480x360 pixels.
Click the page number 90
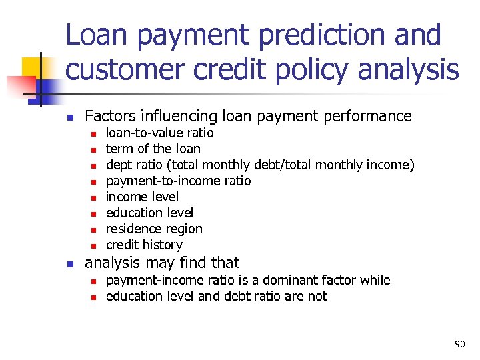pyautogui.click(x=459, y=344)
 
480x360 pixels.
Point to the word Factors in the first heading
pyautogui.click(x=111, y=117)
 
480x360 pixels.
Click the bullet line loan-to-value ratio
pyautogui.click(x=159, y=133)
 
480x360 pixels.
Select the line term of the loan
pyautogui.click(x=153, y=149)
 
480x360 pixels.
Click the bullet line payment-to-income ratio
pyautogui.click(x=178, y=181)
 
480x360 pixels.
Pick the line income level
pyautogui.click(x=142, y=197)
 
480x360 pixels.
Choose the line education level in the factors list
pyautogui.click(x=149, y=213)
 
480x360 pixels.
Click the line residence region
pyautogui.click(x=154, y=229)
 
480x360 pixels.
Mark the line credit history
pyautogui.click(x=144, y=245)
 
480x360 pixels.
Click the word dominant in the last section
pyautogui.click(x=299, y=280)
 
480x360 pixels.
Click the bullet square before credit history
pyautogui.click(x=93, y=245)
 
